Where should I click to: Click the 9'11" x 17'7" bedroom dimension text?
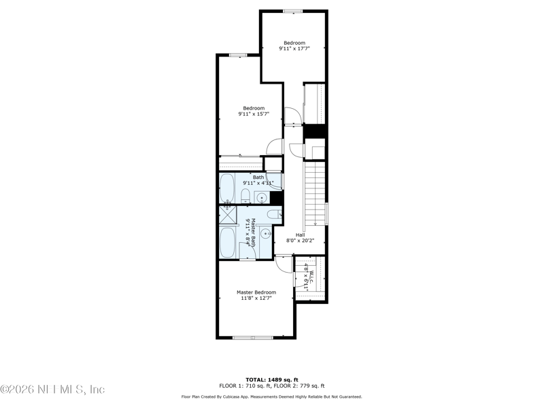click(x=294, y=49)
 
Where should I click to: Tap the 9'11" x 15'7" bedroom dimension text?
click(x=254, y=114)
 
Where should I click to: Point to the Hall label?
click(x=300, y=235)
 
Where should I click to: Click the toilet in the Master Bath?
click(x=273, y=215)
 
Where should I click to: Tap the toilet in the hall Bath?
click(x=245, y=197)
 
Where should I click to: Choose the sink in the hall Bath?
click(x=261, y=198)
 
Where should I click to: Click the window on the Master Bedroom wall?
click(x=252, y=337)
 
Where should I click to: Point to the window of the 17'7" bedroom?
click(x=293, y=10)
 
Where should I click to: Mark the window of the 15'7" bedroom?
click(x=237, y=54)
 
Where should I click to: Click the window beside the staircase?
click(x=327, y=213)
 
